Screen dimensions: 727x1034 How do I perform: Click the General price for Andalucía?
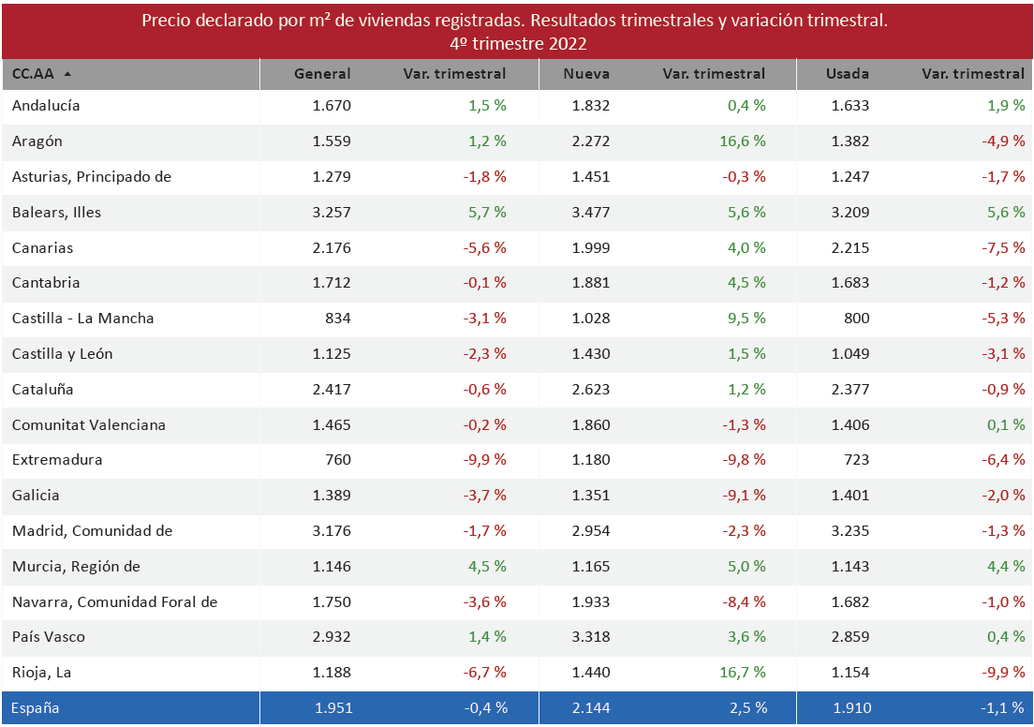332,106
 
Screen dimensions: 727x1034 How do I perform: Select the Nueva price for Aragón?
590,141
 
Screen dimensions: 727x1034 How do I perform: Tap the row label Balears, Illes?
56,213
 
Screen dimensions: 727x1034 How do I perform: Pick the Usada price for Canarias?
849,248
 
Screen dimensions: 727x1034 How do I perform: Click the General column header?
322,73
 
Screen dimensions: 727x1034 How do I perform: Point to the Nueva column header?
587,73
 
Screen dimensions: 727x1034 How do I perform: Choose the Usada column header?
847,73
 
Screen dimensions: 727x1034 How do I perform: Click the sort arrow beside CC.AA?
67,73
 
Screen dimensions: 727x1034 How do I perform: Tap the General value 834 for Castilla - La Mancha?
338,319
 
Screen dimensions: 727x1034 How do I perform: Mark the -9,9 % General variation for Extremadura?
486,460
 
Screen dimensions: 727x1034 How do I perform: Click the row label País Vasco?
49,637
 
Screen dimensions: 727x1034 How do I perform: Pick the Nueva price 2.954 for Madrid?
590,531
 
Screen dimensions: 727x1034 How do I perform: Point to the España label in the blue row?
36,708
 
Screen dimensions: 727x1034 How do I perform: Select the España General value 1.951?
332,708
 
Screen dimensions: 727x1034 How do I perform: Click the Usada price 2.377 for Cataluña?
849,390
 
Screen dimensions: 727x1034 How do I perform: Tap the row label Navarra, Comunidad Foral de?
114,602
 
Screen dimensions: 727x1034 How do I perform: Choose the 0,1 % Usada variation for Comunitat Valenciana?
1006,425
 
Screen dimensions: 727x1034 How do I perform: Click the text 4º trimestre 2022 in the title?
517,44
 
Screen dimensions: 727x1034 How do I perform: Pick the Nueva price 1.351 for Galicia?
590,496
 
